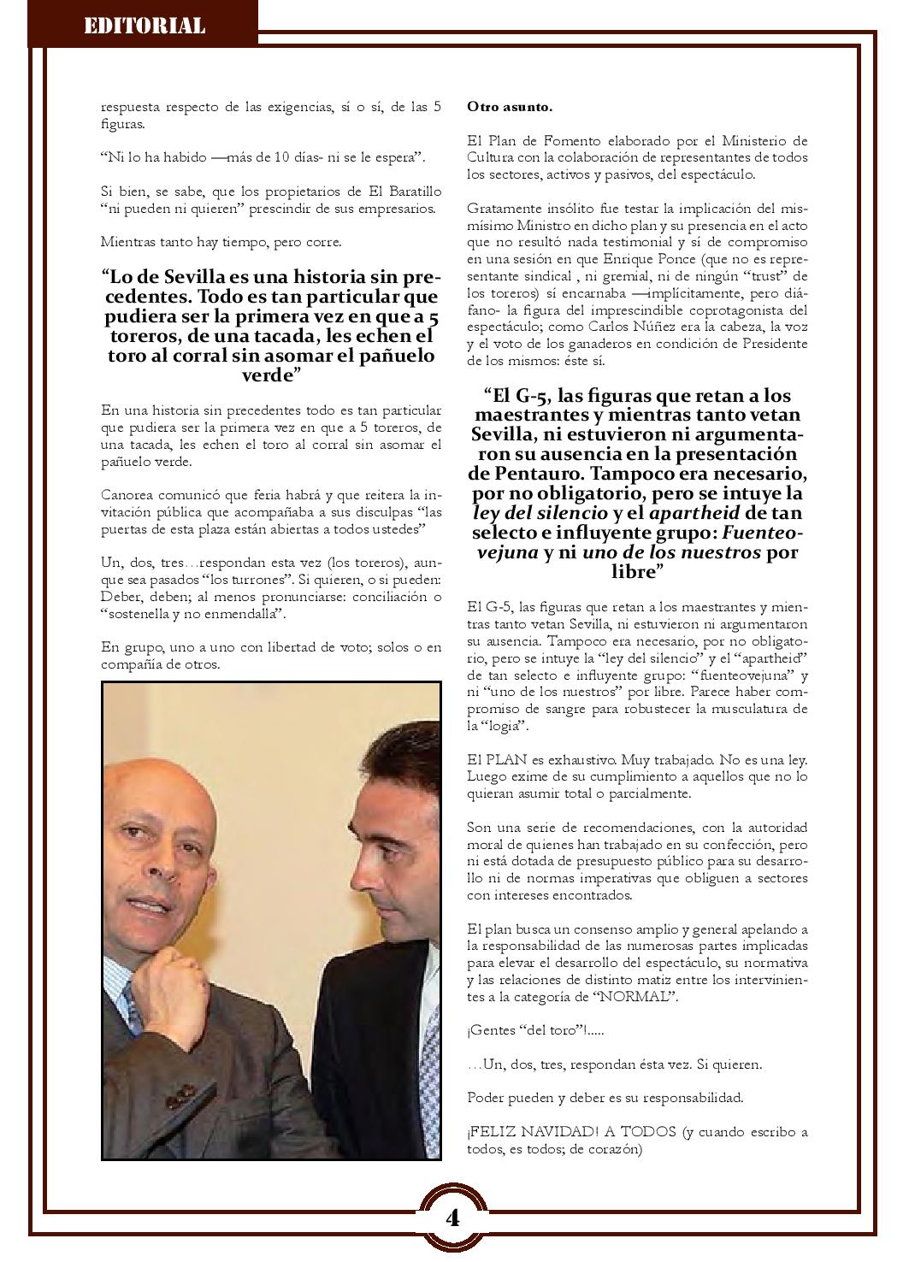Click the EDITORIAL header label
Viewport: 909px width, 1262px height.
(x=144, y=26)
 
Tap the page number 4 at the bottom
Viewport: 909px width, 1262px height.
(x=452, y=1218)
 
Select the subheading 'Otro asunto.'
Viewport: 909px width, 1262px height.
(x=510, y=107)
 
